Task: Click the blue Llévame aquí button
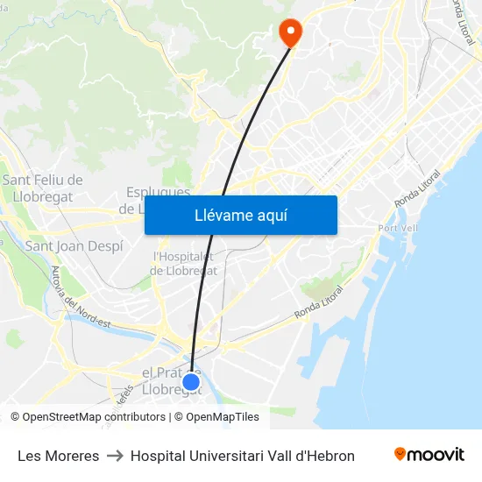coord(241,216)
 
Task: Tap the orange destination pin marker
coord(289,32)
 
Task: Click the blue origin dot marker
coord(191,382)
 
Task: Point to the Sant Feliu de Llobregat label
coord(43,188)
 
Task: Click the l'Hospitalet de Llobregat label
coord(184,264)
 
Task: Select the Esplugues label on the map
coord(159,192)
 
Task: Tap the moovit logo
coord(429,455)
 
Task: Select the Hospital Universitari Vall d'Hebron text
coord(243,456)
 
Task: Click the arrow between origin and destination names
coord(115,456)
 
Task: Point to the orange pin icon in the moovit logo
coord(400,454)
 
